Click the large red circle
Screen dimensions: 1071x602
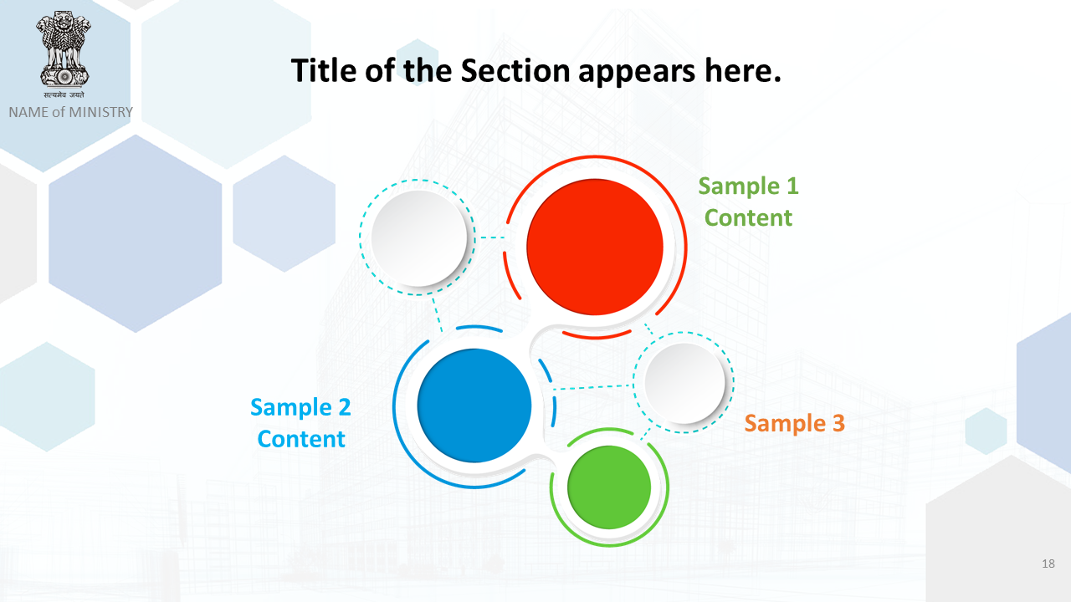click(x=595, y=247)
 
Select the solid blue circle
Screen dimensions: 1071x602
click(x=474, y=406)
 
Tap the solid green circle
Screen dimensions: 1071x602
click(x=609, y=487)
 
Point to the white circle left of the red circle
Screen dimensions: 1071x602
click(x=419, y=238)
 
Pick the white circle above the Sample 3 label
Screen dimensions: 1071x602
click(x=684, y=383)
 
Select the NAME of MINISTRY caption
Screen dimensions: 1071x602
click(x=71, y=112)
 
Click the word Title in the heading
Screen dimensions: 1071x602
click(x=324, y=71)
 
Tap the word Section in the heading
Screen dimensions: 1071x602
click(x=515, y=71)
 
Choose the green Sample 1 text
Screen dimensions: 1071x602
click(x=748, y=186)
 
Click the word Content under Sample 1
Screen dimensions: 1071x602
click(x=748, y=218)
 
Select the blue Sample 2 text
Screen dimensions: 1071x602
click(x=300, y=408)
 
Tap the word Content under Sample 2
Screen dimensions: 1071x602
click(x=301, y=440)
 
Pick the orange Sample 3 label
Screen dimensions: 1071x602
click(x=795, y=424)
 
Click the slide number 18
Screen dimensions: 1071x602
click(x=1048, y=564)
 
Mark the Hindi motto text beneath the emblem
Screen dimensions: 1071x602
click(x=64, y=94)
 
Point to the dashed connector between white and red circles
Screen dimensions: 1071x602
click(x=493, y=237)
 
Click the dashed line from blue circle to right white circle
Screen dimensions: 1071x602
click(x=593, y=387)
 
